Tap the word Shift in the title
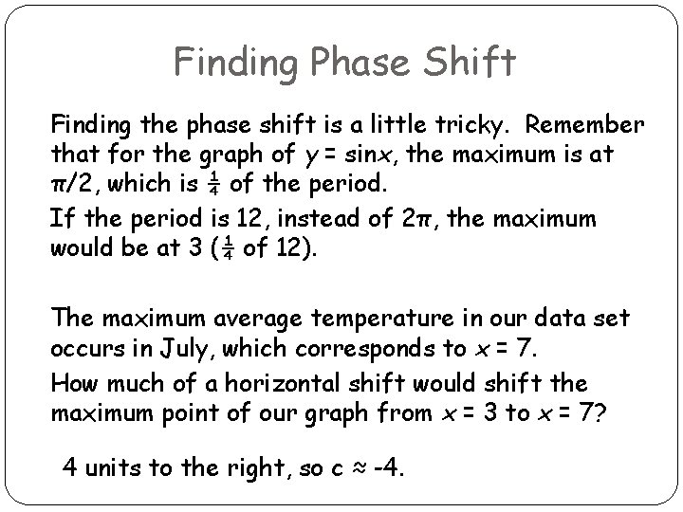(x=471, y=63)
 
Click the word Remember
(x=586, y=126)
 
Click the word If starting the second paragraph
(x=61, y=220)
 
